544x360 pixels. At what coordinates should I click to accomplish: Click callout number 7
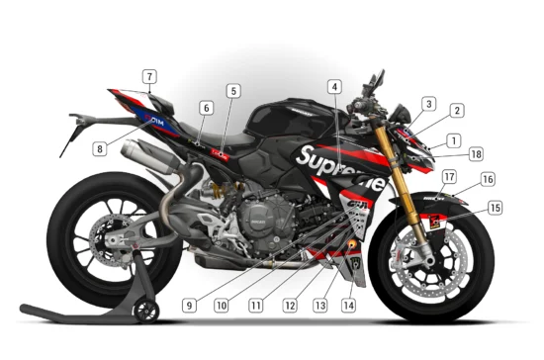click(148, 76)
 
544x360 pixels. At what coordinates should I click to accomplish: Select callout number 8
click(100, 149)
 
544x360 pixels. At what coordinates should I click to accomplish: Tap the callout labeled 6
click(206, 107)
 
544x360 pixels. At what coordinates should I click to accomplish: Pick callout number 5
click(232, 91)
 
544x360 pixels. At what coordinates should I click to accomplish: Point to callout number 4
click(334, 87)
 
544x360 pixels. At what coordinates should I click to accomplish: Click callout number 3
click(428, 103)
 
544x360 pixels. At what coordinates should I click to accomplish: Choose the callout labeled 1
click(453, 140)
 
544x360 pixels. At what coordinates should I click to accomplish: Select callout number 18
click(477, 154)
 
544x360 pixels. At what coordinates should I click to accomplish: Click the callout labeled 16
click(487, 179)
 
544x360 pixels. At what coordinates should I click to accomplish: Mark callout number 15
click(495, 208)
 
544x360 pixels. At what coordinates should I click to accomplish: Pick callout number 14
click(347, 306)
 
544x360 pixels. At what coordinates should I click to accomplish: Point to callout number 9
click(189, 305)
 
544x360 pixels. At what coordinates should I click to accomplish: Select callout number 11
click(256, 305)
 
